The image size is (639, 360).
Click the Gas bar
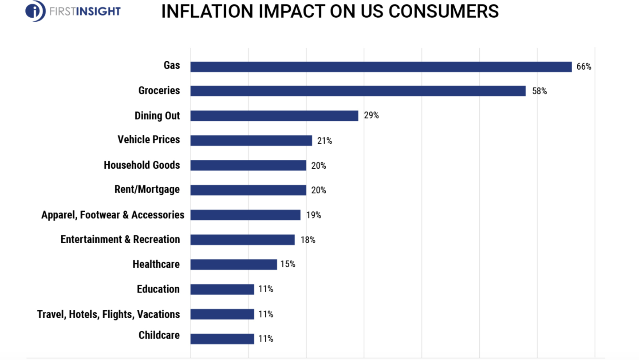point(381,67)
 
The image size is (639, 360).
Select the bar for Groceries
point(358,91)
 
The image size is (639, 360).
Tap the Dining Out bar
point(274,116)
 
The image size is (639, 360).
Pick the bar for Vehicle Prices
point(251,141)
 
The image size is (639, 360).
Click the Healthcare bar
point(233,265)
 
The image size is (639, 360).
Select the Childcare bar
point(222,339)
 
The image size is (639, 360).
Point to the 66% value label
point(584,67)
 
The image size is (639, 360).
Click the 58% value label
point(539,91)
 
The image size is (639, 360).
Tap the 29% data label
point(371,116)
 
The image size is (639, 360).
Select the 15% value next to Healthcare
point(288,265)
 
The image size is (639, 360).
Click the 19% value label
point(313,215)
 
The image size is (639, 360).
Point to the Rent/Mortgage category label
point(147,190)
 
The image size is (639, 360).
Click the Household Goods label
point(142,165)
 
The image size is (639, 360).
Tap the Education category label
point(158,289)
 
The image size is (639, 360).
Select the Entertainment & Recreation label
point(120,240)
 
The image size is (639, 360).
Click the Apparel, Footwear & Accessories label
point(113,215)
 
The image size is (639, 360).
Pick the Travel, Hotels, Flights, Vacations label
point(108,314)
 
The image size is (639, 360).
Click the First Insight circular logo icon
point(35,11)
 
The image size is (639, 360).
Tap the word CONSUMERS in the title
point(443,11)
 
